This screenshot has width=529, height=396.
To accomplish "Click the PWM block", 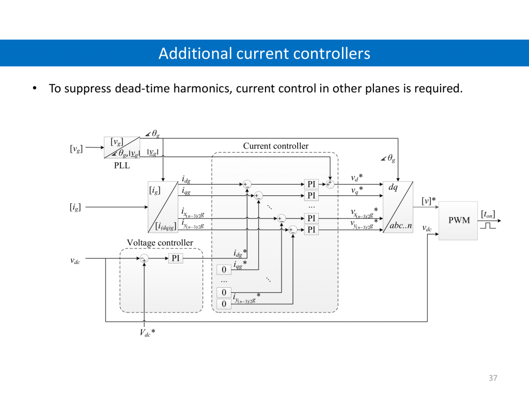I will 458,220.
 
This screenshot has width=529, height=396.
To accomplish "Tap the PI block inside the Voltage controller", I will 176,258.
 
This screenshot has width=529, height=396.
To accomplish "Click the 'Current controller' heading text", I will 275,146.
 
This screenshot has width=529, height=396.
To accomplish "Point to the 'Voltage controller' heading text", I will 160,243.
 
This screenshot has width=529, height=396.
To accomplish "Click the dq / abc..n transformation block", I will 398,207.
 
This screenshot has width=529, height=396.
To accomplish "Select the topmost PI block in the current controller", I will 312,184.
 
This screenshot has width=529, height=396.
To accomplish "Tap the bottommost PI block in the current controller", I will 312,229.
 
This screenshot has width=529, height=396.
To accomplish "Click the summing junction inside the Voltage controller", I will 144,258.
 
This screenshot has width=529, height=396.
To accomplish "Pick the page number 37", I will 492,378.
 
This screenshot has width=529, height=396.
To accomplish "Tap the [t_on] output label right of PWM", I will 488,213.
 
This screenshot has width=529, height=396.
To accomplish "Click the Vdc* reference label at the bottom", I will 147,333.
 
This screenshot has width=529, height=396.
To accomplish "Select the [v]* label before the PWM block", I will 428,200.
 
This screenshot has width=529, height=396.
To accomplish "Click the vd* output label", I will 356,178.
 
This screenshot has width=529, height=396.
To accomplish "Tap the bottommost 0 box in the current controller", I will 224,304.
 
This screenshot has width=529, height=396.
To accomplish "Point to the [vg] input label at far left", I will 76,149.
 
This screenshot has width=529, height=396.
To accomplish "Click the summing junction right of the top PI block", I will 330,184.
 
